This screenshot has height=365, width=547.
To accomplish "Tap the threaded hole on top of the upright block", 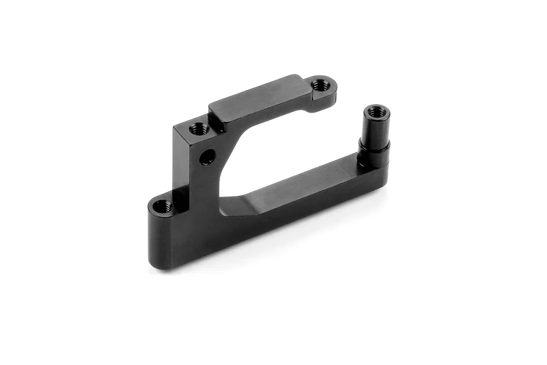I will coord(198,128).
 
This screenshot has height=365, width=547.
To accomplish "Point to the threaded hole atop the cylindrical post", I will coord(376,113).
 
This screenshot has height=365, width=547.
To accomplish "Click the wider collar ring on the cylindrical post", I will coord(373,146).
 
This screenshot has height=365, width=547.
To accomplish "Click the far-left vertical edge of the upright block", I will coord(174,158).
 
